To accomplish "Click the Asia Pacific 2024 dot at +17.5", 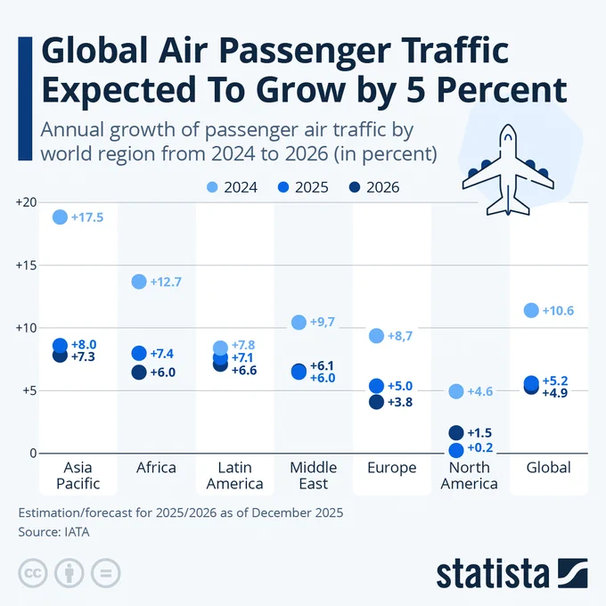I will (60, 217).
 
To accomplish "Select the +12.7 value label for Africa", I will (166, 282).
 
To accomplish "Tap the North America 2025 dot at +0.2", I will (456, 450).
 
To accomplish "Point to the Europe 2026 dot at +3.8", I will (376, 402).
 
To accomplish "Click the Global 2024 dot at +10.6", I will (532, 310).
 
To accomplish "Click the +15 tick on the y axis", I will (25, 266).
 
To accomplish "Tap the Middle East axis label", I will (313, 476).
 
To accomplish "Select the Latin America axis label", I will (234, 476).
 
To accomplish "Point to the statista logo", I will (512, 573).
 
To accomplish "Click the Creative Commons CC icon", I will (33, 572).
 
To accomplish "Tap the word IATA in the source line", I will (74, 532).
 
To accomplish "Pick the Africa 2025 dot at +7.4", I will (139, 354).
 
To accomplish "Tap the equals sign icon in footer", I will (104, 572).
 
